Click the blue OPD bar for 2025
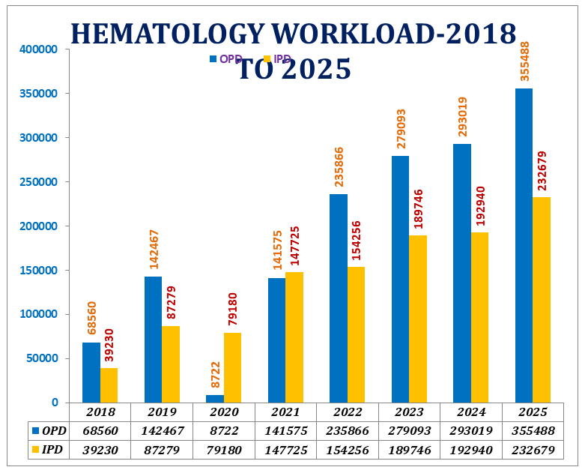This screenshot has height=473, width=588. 524,245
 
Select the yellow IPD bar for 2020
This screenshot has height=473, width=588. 232,367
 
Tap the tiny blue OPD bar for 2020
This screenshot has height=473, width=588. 215,399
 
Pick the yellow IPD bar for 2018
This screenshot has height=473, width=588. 109,385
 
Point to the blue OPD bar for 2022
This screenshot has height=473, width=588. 339,298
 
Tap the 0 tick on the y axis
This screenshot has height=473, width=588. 54,403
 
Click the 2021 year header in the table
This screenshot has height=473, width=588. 285,412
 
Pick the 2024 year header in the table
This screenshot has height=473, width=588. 470,412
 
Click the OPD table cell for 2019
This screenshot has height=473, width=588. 162,430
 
